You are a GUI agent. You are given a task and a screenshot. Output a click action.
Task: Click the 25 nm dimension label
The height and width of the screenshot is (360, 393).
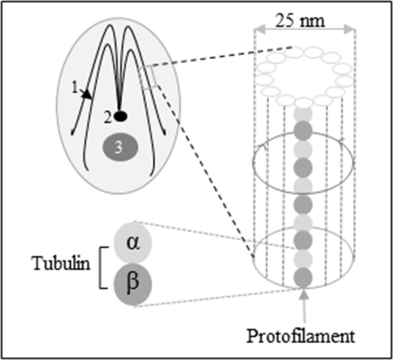[x=304, y=21]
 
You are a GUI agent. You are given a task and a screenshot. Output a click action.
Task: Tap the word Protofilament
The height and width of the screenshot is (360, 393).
[x=301, y=335]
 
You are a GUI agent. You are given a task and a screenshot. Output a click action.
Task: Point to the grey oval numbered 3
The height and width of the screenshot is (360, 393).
[x=118, y=147]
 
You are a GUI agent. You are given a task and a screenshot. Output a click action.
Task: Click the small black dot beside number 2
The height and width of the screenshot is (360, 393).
[x=120, y=116]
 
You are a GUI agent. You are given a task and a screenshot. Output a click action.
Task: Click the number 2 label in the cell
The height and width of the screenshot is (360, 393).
[x=107, y=116]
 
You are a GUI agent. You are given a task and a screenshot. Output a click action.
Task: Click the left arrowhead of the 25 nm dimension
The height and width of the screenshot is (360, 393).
[x=259, y=27]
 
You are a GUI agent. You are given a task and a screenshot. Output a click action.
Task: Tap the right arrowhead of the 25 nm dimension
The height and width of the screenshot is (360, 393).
[x=351, y=27]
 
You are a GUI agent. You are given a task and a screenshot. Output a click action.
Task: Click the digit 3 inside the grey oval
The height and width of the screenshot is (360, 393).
[x=118, y=147]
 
